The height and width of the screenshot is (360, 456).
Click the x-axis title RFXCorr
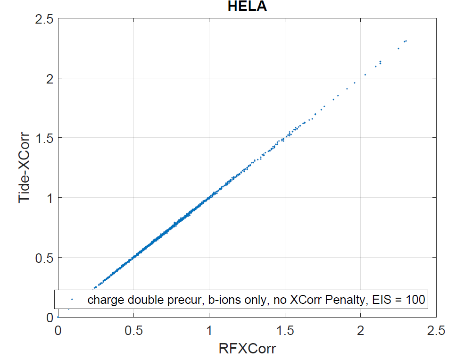coord(247,350)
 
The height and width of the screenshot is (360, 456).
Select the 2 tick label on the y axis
coord(48,78)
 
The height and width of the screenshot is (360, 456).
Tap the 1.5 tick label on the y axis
coord(43,138)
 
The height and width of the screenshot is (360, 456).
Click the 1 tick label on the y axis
coord(48,198)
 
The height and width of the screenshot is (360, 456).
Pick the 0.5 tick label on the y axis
coord(43,258)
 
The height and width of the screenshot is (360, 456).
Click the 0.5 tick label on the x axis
coord(133,331)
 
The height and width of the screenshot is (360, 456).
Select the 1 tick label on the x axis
coord(209,331)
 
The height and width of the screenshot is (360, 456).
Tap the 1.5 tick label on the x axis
coord(285,331)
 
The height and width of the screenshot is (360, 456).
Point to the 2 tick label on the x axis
coord(361,331)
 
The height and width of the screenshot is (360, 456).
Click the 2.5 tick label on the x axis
coord(436,331)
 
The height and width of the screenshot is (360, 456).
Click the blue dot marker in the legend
coord(72,299)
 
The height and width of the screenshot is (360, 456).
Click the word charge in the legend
coord(102,299)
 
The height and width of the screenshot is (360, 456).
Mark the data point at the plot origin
coord(58,317)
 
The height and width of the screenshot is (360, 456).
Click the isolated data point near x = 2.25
coord(398,48)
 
